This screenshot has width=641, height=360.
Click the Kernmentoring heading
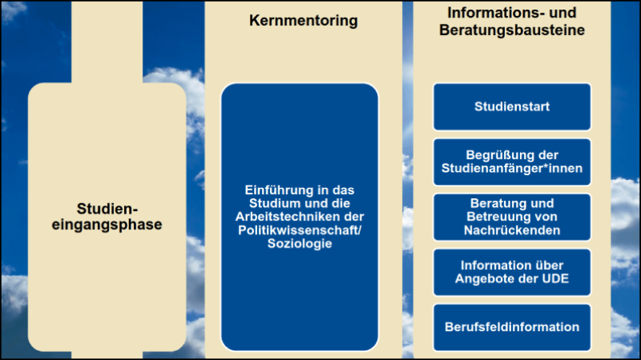(x=304, y=21)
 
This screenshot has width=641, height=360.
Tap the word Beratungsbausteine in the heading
(x=511, y=31)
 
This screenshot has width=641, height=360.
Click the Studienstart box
(x=512, y=106)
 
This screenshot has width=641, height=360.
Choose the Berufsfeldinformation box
(x=512, y=327)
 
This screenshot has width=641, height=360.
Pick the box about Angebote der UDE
(x=512, y=272)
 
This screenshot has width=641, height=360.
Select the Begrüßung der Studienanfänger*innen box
(x=512, y=162)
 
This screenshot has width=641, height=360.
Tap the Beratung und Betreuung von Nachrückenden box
(x=512, y=217)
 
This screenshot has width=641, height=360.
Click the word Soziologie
(x=299, y=243)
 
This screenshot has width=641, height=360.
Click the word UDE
(x=554, y=278)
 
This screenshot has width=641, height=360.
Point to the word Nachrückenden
(x=512, y=230)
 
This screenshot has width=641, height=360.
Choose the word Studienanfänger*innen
(x=512, y=168)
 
